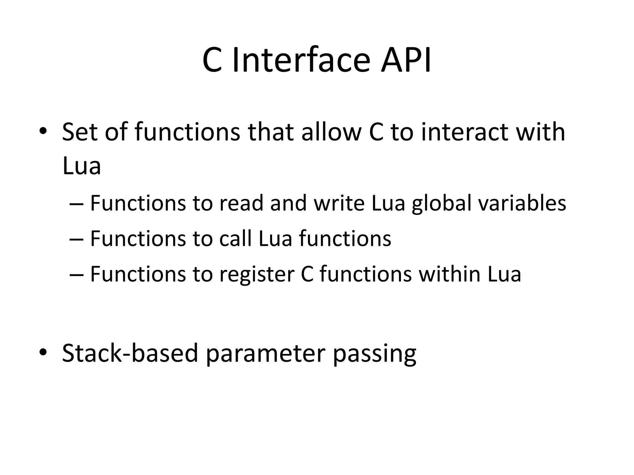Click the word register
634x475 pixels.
click(x=257, y=275)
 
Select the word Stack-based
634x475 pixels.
click(x=130, y=353)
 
